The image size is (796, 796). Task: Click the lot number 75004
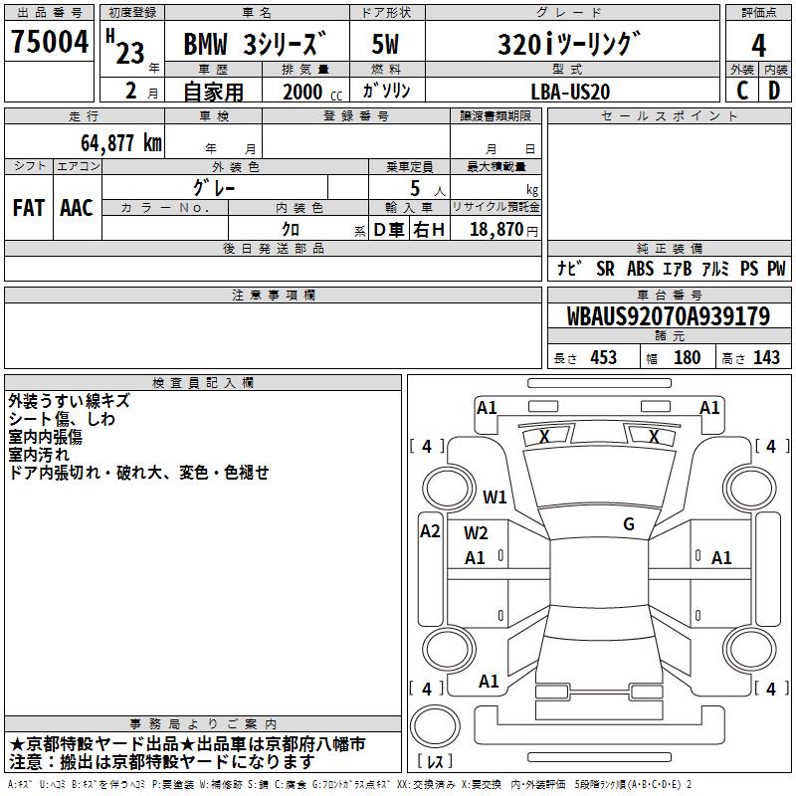[x=50, y=44]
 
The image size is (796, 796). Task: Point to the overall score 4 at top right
[x=758, y=44]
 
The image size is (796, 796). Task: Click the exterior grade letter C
[x=742, y=90]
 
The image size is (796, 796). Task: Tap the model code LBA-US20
[x=570, y=91]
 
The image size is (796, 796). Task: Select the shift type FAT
[x=28, y=208]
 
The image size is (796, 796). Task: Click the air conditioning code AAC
[x=76, y=208]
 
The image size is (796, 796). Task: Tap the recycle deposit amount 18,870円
[x=501, y=229]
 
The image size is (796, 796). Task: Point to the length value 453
[x=603, y=358]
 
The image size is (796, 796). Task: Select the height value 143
[x=766, y=358]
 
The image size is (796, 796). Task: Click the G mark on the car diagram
[x=628, y=524]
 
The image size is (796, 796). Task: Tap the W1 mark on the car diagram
[x=495, y=497]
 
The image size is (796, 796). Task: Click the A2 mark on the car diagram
[x=430, y=530]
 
